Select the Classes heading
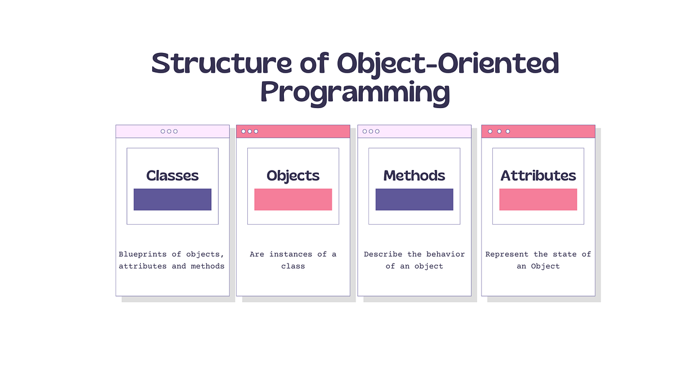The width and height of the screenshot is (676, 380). [x=172, y=176]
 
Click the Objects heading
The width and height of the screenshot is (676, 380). [x=293, y=176]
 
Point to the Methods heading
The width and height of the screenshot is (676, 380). [x=414, y=176]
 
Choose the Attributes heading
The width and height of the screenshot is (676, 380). [x=538, y=176]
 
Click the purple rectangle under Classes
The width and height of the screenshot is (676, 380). [x=172, y=199]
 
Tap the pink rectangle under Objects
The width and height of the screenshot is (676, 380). [x=293, y=199]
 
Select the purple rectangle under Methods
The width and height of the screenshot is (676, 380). [x=414, y=199]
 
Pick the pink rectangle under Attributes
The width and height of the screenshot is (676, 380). [x=538, y=199]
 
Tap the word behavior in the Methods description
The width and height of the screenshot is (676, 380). [x=446, y=254]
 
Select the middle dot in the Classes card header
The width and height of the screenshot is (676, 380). [x=169, y=131]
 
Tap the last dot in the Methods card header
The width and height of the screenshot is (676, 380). [x=377, y=131]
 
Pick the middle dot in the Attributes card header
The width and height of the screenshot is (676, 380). [x=499, y=131]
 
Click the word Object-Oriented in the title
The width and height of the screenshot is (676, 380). [x=448, y=64]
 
